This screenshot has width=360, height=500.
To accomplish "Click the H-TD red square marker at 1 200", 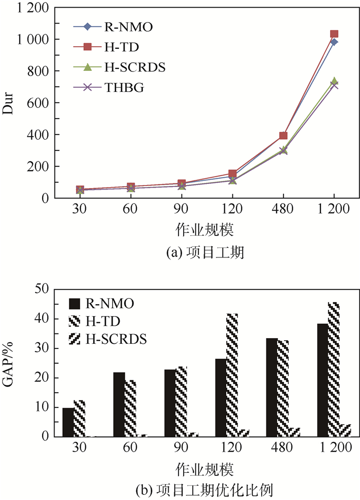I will pos(334,34).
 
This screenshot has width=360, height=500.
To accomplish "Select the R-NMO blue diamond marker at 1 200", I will pos(334,42).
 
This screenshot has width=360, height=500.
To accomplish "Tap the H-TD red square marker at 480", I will pos(283,136).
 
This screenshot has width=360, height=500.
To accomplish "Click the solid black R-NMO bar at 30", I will pos(68,422).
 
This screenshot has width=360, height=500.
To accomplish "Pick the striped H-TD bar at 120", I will pos(232,375).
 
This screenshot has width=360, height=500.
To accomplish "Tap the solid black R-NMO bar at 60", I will pos(118,404).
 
